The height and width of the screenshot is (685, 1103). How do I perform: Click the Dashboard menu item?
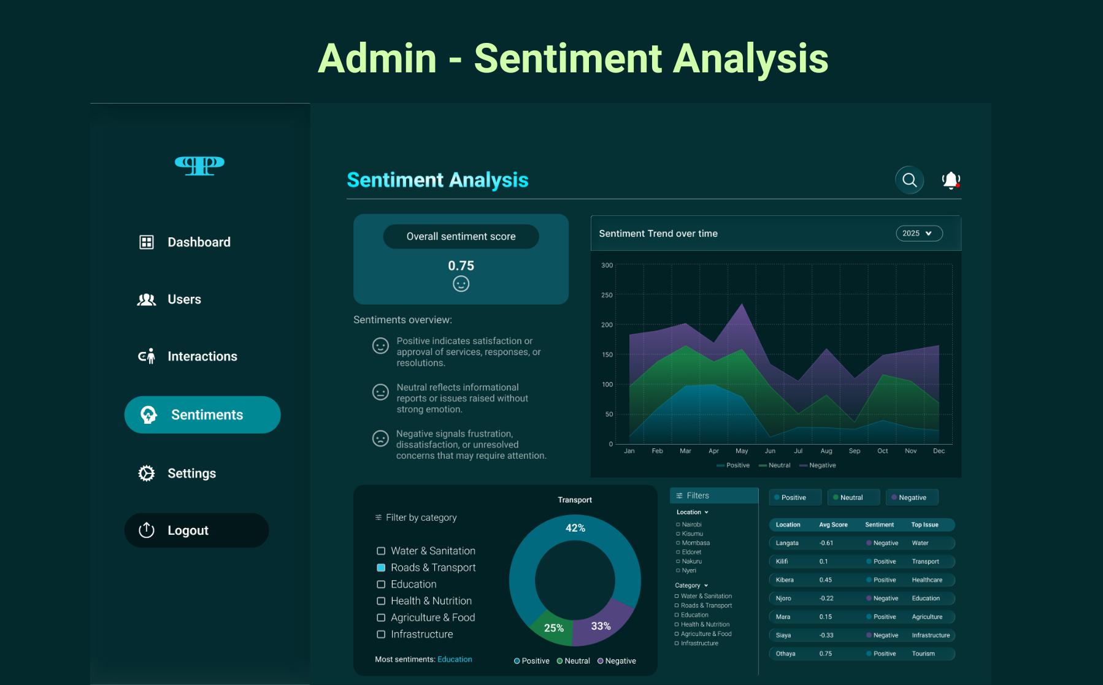185,242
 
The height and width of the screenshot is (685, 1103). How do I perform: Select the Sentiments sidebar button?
202,415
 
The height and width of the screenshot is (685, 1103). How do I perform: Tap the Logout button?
196,530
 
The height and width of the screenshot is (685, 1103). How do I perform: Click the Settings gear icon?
147,473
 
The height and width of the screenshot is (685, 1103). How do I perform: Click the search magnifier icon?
909,180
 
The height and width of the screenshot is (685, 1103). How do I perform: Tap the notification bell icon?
950,180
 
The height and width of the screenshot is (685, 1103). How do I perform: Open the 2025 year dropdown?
918,233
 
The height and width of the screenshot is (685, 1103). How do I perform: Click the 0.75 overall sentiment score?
461,266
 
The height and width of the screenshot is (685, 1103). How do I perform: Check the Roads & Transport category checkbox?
381,568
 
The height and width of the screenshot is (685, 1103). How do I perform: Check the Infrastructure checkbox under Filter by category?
381,634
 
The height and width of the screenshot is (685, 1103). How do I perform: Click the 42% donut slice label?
575,528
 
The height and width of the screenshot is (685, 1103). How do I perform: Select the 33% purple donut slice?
601,626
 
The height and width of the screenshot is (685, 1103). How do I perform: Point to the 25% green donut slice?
553,628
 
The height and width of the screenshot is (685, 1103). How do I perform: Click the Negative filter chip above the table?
912,497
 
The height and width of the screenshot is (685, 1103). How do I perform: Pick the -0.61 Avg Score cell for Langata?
826,543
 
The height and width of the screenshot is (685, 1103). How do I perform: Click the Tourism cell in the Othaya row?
923,654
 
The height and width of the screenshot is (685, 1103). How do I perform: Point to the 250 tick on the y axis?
607,295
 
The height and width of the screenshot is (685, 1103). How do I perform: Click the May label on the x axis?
742,451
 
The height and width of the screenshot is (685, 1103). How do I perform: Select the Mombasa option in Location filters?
695,543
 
